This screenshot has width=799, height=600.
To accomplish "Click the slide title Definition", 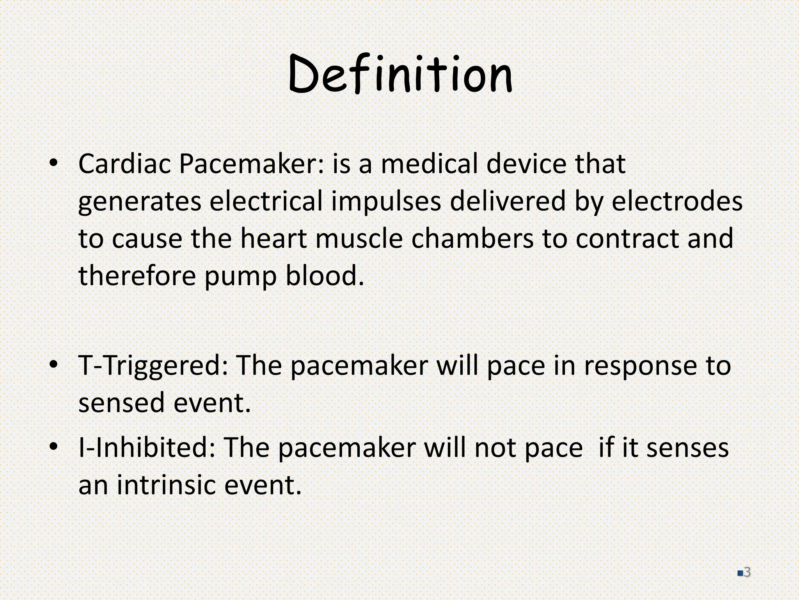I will [x=400, y=74].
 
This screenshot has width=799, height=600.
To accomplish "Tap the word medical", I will [x=429, y=164].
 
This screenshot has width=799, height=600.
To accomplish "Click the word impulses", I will [x=386, y=202].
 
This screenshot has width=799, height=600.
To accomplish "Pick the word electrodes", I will [x=676, y=202].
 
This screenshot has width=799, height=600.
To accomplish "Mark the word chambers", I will [x=472, y=238].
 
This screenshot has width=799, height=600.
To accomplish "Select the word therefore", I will [x=137, y=275].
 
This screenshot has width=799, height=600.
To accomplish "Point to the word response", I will [x=639, y=366].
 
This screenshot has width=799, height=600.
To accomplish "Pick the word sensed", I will [x=121, y=403].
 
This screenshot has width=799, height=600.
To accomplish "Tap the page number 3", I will [x=747, y=572].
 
